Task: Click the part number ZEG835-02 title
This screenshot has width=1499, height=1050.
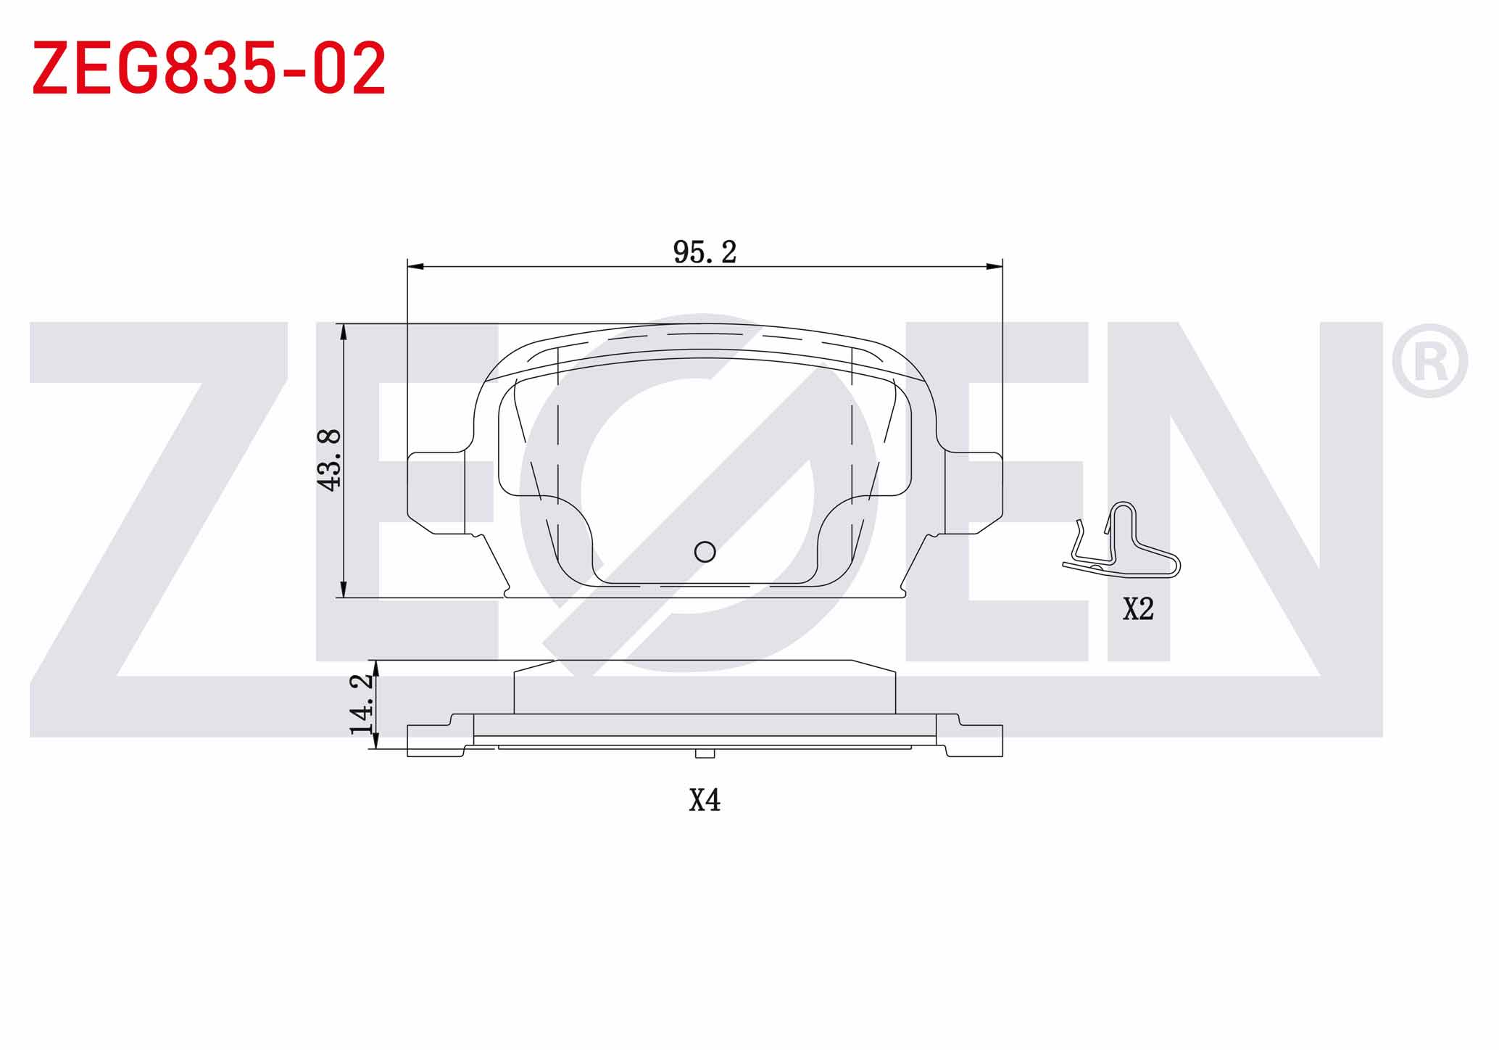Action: point(209,69)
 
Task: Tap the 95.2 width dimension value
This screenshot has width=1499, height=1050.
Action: point(705,252)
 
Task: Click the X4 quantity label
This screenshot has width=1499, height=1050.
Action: point(705,800)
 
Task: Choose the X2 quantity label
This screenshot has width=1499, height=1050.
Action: point(1138,608)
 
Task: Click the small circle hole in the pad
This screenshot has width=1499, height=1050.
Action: point(705,552)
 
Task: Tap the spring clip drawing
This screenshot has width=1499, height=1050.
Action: point(1121,540)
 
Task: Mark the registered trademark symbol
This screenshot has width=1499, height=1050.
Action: point(1429,360)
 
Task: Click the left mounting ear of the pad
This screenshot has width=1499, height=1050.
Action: point(436,493)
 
